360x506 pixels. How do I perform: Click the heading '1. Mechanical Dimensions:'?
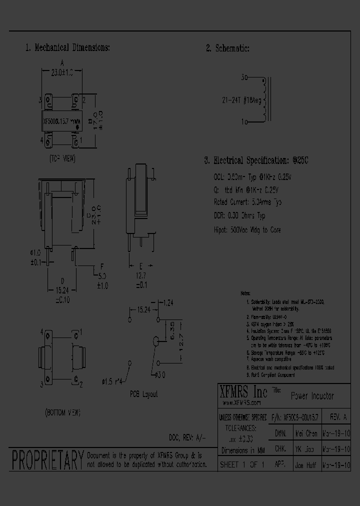tap(67, 48)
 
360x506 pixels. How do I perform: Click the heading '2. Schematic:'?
tap(227, 48)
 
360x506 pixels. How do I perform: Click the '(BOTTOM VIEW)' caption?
tap(62, 412)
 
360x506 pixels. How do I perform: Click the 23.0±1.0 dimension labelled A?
tap(62, 72)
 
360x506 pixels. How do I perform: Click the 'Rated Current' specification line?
tap(247, 202)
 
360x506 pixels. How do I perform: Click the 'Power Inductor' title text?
tap(312, 396)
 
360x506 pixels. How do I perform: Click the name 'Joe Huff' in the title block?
tap(304, 465)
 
